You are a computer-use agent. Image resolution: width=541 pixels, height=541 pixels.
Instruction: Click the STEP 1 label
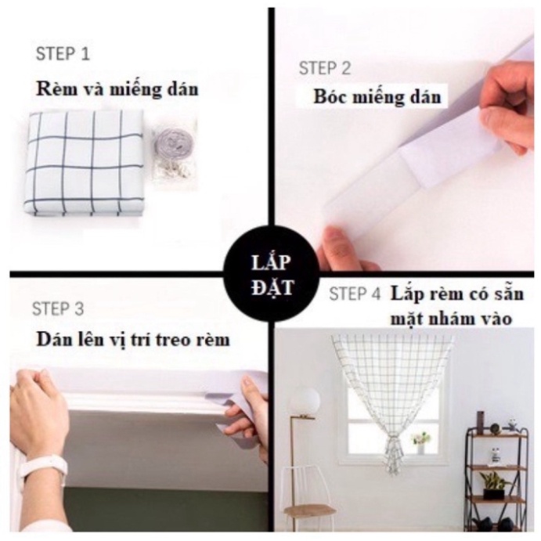pyautogui.click(x=63, y=54)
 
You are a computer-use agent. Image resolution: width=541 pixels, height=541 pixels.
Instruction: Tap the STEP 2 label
pyautogui.click(x=324, y=68)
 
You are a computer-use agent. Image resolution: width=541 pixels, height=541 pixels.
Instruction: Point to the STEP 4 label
pyautogui.click(x=355, y=294)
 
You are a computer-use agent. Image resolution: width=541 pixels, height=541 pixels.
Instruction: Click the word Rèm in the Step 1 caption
pyautogui.click(x=53, y=89)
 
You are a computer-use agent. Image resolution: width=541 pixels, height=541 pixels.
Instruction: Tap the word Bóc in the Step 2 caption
pyautogui.click(x=329, y=98)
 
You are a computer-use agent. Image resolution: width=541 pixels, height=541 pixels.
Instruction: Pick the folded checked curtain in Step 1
pyautogui.click(x=84, y=161)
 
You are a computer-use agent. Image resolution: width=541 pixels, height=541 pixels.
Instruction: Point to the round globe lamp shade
pyautogui.click(x=304, y=402)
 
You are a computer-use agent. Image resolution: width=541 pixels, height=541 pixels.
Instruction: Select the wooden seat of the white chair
pyautogui.click(x=309, y=510)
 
